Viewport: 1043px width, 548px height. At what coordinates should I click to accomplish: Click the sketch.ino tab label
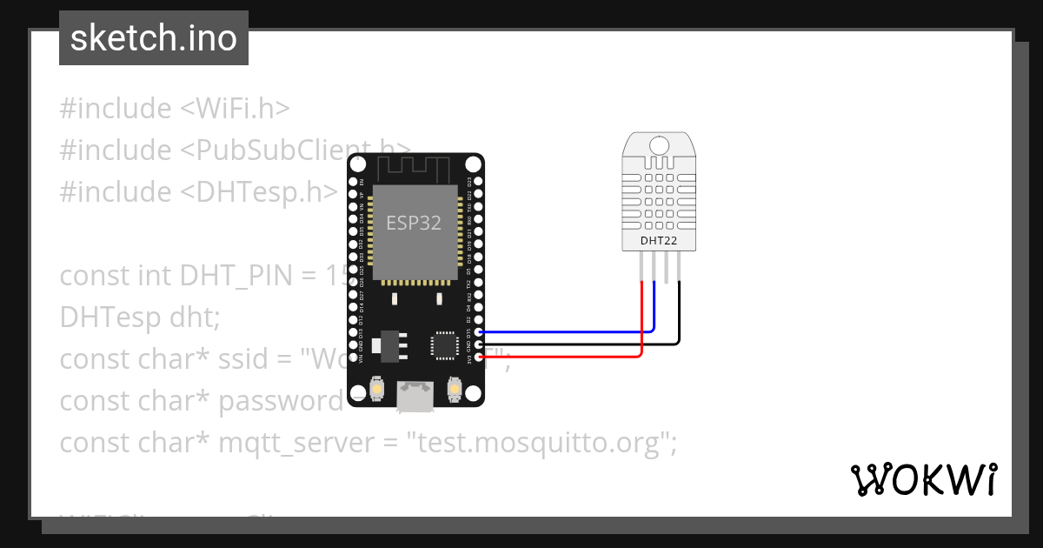click(153, 38)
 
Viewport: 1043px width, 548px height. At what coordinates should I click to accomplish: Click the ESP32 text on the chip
click(414, 223)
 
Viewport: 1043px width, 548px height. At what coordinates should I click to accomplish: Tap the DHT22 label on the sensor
click(659, 241)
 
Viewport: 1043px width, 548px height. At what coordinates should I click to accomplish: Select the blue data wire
click(565, 331)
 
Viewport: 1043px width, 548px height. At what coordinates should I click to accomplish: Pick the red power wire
click(565, 357)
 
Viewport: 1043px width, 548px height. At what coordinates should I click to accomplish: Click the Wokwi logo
click(923, 479)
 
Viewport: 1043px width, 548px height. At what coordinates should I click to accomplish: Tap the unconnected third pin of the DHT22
click(667, 268)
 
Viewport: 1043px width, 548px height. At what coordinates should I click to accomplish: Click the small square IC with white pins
click(444, 344)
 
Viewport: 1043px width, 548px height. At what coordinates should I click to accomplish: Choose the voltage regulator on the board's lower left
click(388, 345)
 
